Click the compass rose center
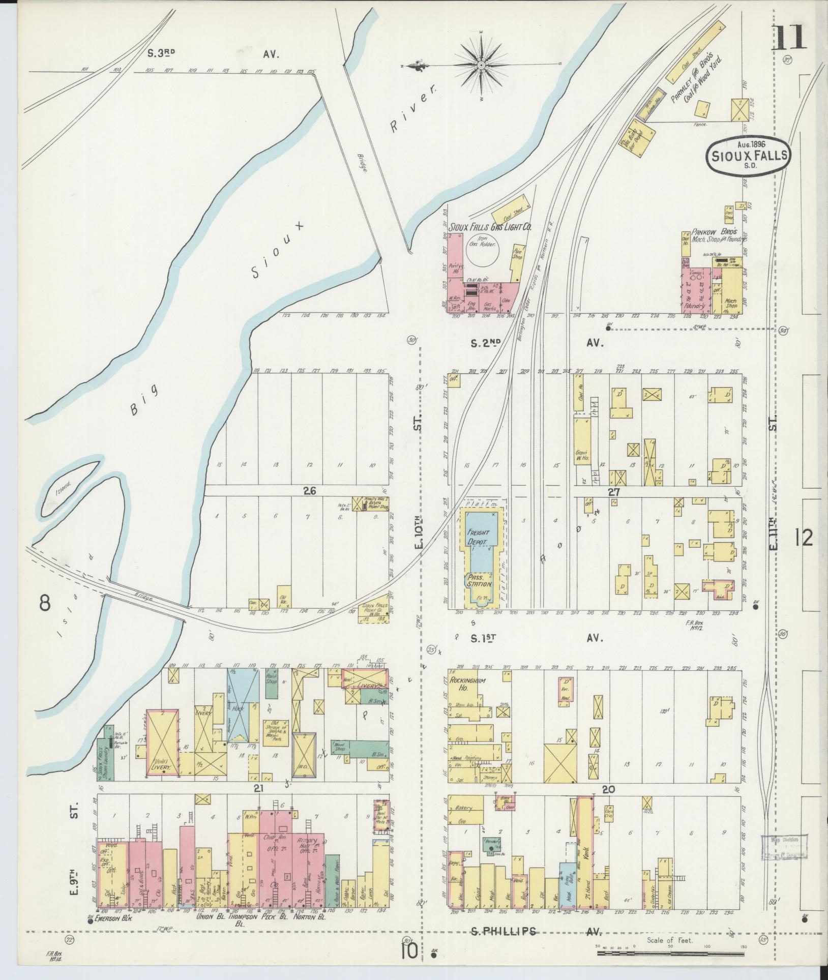tap(481, 66)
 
